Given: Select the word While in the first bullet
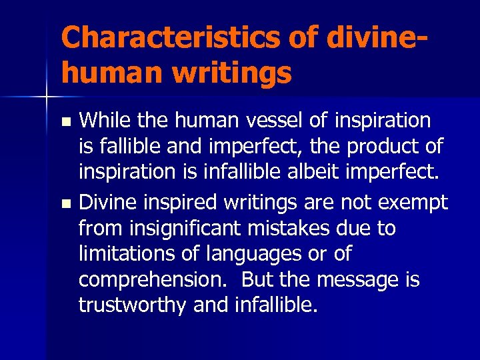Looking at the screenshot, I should (x=102, y=121).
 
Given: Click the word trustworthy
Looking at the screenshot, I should (x=132, y=305).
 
